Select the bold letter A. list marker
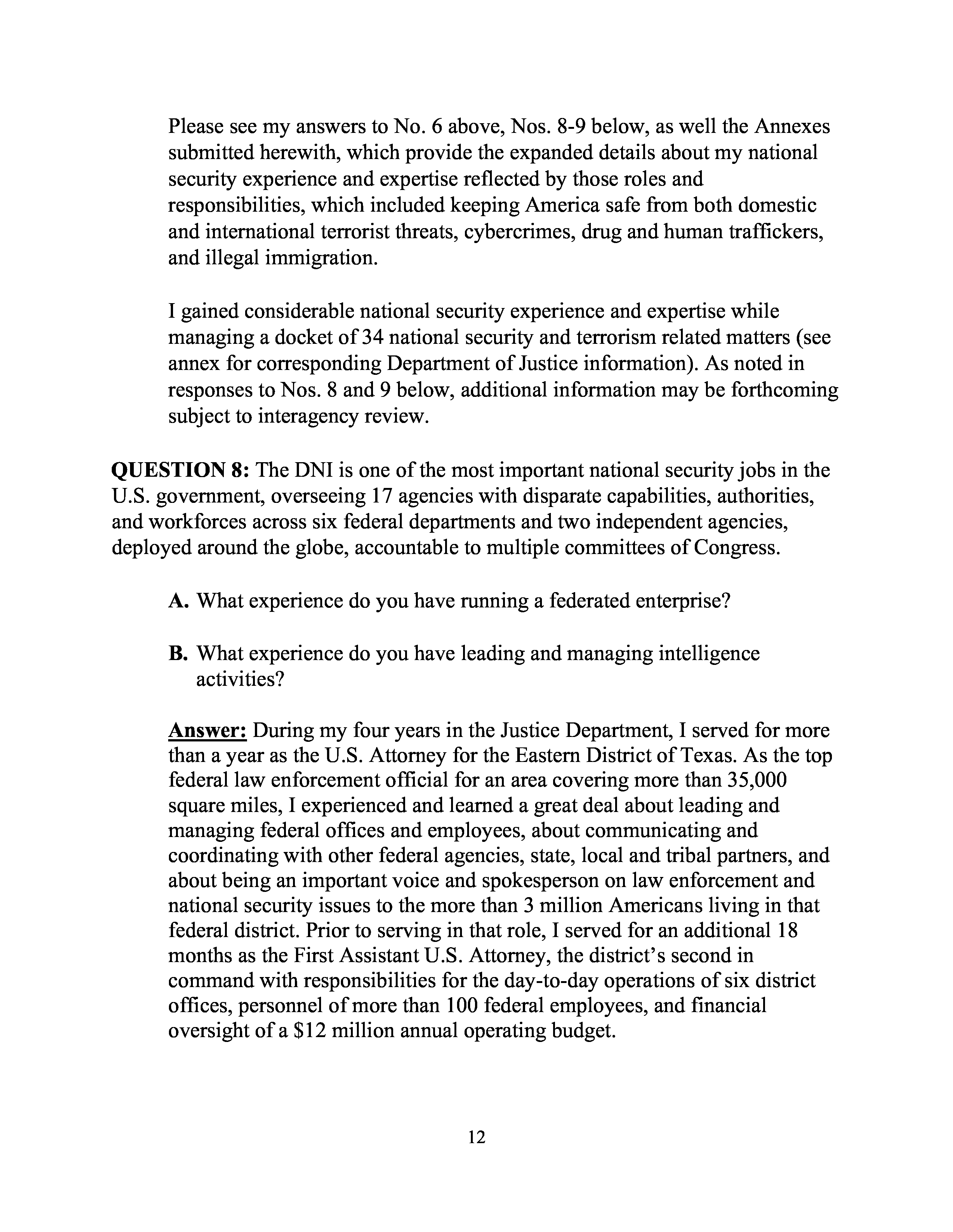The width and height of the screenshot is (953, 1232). (178, 601)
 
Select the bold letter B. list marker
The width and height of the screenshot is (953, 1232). (178, 654)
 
